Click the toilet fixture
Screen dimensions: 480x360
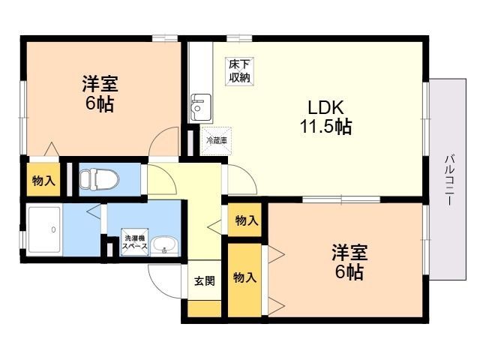pyautogui.click(x=99, y=178)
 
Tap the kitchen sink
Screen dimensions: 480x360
pyautogui.click(x=201, y=107)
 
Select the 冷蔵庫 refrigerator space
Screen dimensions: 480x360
pyautogui.click(x=216, y=141)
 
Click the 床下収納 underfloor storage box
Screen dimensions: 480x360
pyautogui.click(x=240, y=71)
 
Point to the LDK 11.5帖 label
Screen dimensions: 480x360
pyautogui.click(x=325, y=117)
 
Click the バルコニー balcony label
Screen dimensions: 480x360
pyautogui.click(x=450, y=180)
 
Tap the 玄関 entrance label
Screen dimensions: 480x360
pyautogui.click(x=205, y=280)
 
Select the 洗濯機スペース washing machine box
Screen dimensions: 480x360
pyautogui.click(x=135, y=241)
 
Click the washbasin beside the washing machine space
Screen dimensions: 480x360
pyautogui.click(x=164, y=245)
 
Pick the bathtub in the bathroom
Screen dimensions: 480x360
pyautogui.click(x=45, y=229)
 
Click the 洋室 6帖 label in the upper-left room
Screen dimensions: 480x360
pyautogui.click(x=100, y=93)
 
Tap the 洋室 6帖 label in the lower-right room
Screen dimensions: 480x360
pyautogui.click(x=349, y=262)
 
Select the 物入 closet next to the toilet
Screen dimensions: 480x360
pyautogui.click(x=43, y=179)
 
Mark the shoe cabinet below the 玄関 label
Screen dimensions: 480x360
pyautogui.click(x=204, y=309)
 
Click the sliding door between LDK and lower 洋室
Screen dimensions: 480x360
pyautogui.click(x=341, y=199)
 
